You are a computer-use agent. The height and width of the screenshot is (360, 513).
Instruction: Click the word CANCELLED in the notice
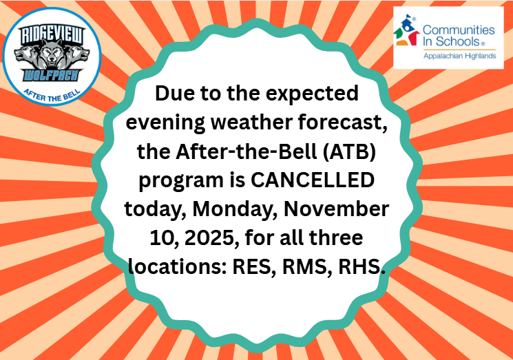coord(313,180)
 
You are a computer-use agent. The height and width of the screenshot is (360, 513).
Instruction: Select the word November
coord(336,209)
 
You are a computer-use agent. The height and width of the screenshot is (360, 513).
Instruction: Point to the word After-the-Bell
coord(247,151)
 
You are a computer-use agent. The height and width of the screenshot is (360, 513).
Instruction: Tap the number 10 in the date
coord(165,237)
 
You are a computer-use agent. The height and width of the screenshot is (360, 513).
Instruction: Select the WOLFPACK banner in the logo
coord(52,76)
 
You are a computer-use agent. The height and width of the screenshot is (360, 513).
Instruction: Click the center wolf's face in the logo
coord(52,54)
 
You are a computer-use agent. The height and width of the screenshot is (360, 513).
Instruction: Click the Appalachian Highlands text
coord(460,56)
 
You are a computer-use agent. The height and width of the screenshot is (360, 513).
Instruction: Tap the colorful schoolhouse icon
coord(407,30)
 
